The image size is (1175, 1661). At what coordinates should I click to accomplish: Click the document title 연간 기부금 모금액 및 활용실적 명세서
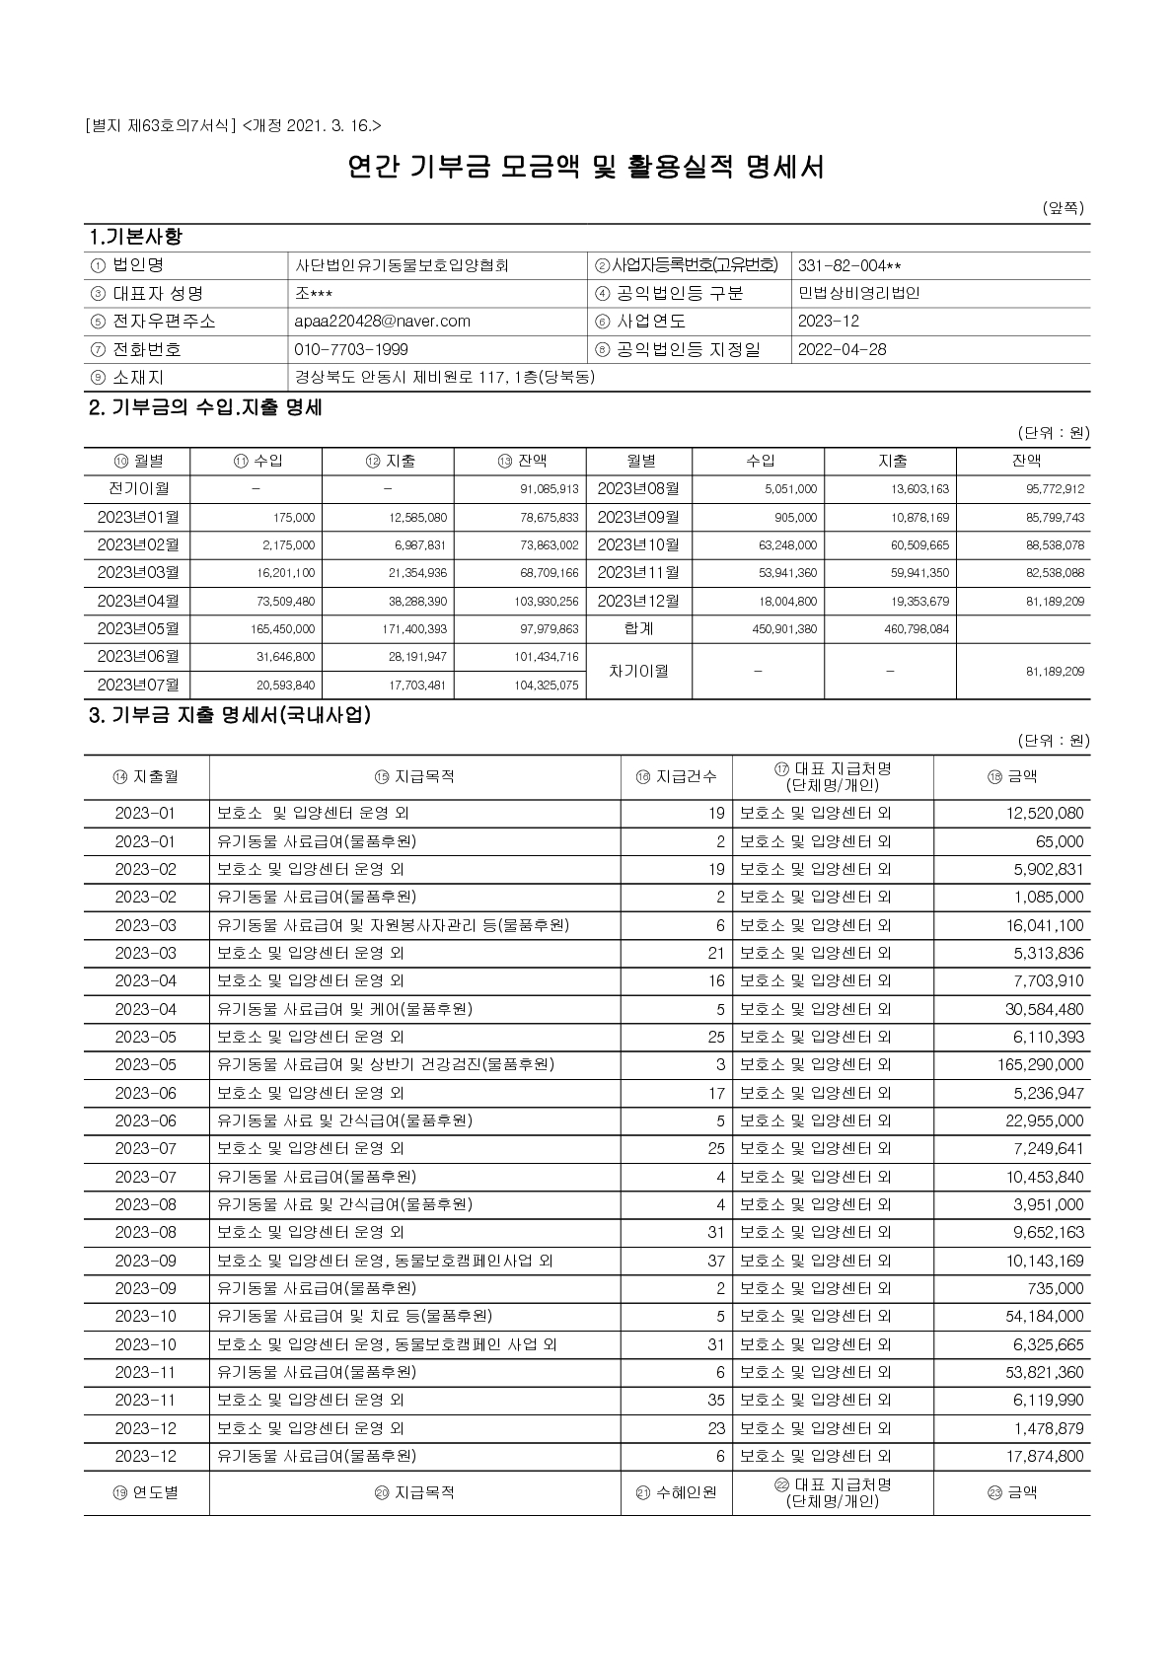[x=586, y=167]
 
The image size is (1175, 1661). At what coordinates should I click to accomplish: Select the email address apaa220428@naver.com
[x=382, y=322]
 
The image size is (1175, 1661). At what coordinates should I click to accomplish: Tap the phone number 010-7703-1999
[x=351, y=349]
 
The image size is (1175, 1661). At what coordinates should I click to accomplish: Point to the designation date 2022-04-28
[x=842, y=349]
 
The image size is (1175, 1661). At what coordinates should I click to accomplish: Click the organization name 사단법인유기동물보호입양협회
[x=402, y=265]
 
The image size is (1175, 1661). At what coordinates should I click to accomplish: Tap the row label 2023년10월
[x=638, y=544]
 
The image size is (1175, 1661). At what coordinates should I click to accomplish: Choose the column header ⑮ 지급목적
[x=414, y=776]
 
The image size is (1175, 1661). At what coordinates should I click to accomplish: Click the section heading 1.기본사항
[x=135, y=238]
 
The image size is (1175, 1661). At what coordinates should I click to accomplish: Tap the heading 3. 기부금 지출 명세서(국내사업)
[x=230, y=715]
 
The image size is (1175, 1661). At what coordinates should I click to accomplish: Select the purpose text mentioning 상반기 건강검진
[x=386, y=1064]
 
